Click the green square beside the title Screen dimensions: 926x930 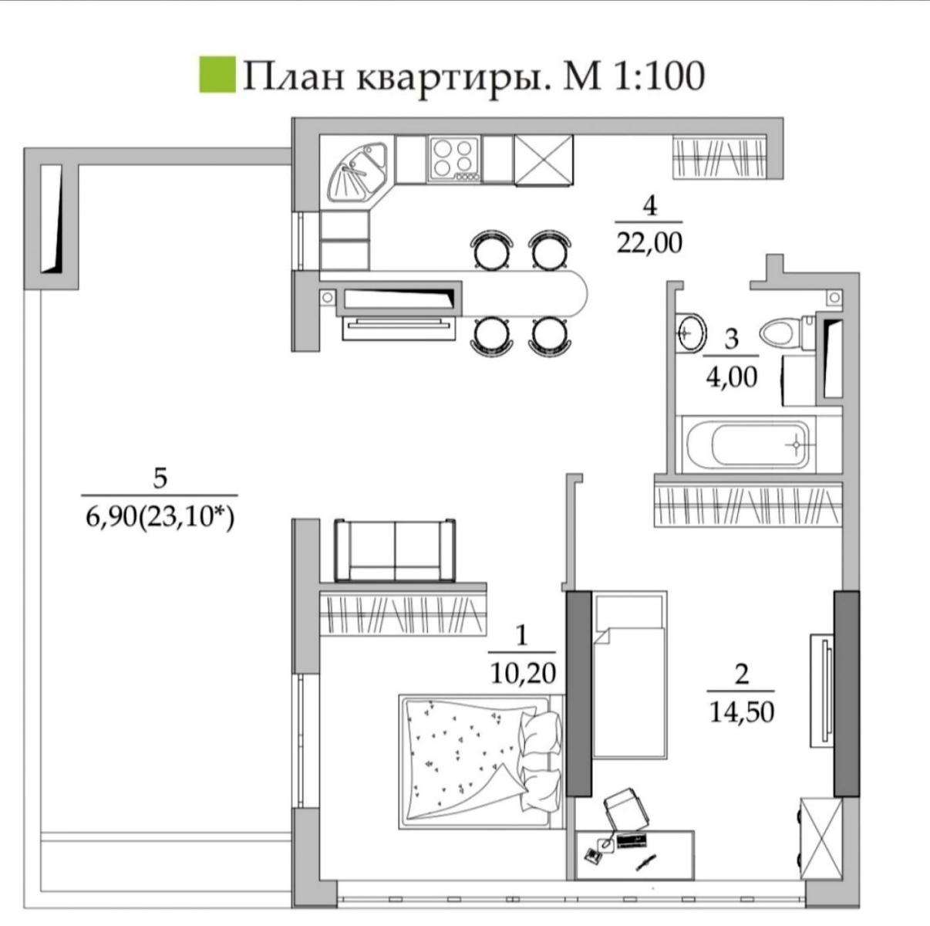(217, 75)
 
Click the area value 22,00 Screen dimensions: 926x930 (649, 243)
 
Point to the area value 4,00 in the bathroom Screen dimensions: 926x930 (731, 377)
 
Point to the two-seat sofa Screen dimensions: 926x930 (396, 549)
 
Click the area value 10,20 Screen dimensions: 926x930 (522, 674)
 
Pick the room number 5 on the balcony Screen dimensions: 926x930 (160, 478)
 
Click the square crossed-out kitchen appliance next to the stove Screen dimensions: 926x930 (544, 160)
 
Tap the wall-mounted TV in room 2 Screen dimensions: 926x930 (822, 690)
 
